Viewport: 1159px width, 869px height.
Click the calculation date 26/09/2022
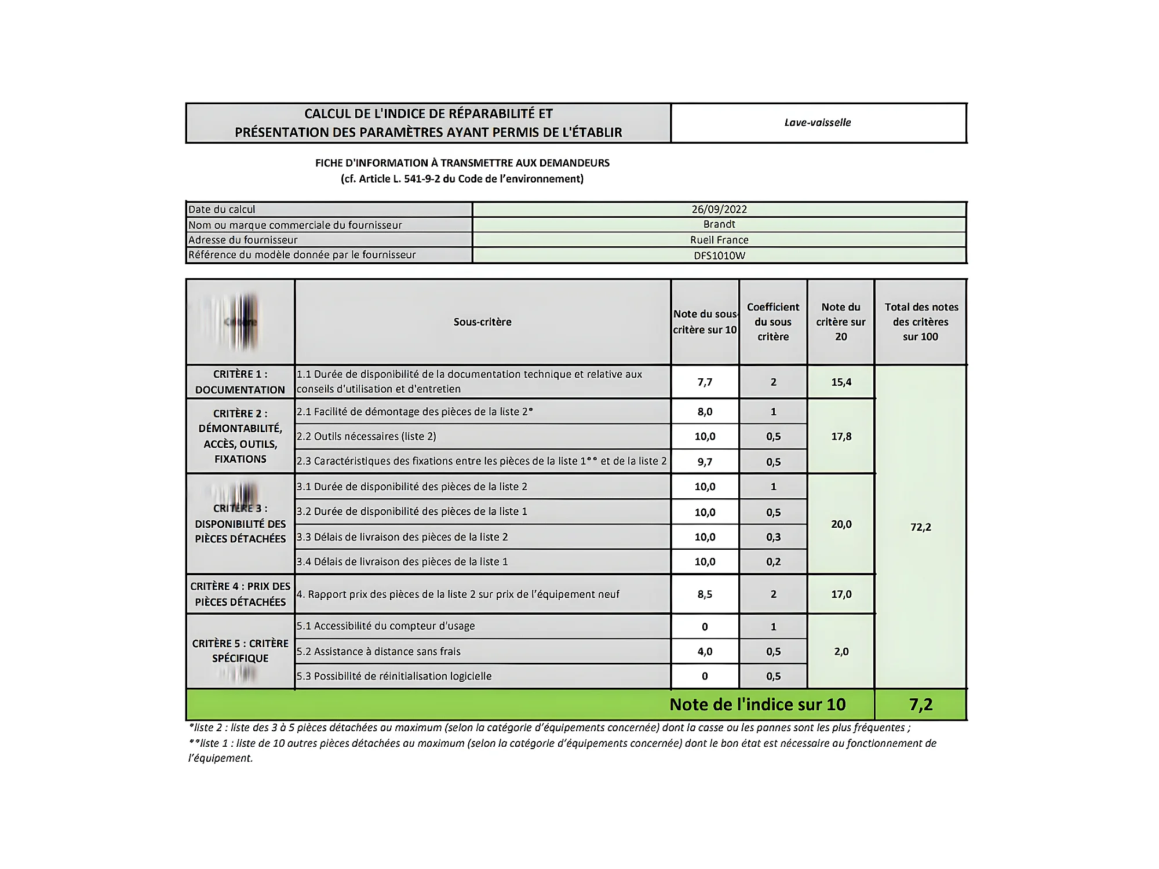point(719,209)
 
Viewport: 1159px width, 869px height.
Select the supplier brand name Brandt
point(719,224)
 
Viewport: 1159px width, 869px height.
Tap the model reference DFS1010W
point(719,255)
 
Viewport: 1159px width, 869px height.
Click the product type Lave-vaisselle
point(818,122)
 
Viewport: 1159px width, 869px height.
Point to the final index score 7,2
point(920,704)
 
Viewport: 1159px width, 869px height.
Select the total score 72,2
point(920,527)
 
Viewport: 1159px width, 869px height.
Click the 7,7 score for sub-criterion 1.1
point(705,382)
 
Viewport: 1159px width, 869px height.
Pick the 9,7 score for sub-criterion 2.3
point(705,462)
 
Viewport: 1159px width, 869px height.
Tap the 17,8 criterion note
point(841,436)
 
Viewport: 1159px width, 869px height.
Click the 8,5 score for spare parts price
point(705,594)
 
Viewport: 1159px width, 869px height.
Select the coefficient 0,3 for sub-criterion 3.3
point(773,537)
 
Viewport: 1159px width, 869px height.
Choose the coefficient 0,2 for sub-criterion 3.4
point(773,562)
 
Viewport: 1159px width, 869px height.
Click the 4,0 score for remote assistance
point(705,652)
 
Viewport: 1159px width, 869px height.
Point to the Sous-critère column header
point(482,322)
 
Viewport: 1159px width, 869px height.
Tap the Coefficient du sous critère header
point(773,322)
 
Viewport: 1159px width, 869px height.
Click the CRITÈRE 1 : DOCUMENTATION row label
point(240,382)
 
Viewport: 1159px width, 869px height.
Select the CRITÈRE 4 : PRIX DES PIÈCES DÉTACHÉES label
point(240,594)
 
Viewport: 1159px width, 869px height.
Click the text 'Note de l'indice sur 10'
point(757,704)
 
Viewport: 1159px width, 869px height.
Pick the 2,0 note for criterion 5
point(841,652)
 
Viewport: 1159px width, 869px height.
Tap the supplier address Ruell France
point(719,240)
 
